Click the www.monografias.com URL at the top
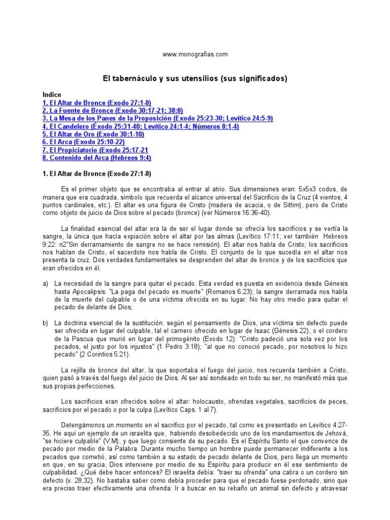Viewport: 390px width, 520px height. [x=195, y=54]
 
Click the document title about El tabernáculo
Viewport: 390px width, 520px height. [x=195, y=79]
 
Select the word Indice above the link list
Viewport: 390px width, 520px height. [x=52, y=94]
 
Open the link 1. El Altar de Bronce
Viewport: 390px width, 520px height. [x=96, y=103]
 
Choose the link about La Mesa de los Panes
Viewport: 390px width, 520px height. [x=157, y=118]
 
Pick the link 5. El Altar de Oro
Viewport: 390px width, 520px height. [x=93, y=134]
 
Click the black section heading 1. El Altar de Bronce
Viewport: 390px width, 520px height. [x=96, y=174]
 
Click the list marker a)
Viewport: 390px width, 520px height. [x=45, y=283]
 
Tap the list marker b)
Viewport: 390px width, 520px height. [x=45, y=323]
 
